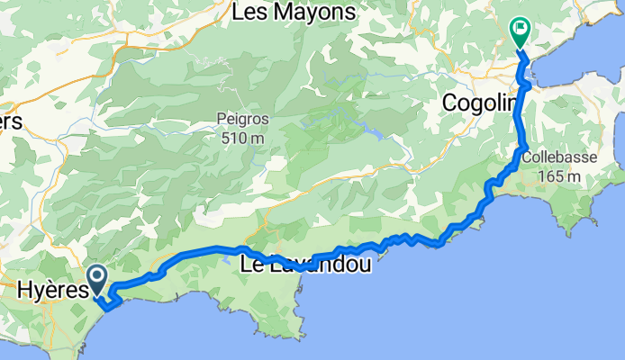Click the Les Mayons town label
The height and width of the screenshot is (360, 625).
292,13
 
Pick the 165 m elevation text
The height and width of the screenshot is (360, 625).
558,175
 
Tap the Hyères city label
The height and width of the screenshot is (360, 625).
52,290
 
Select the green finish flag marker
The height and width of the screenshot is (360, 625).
521,32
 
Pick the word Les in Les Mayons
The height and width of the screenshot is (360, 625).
248,13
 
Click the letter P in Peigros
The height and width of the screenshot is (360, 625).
221,118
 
